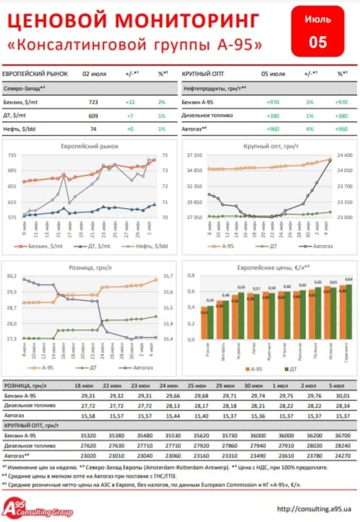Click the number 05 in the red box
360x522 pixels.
317,42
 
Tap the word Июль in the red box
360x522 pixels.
317,20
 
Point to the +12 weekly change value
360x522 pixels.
130,102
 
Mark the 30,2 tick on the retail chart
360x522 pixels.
11,276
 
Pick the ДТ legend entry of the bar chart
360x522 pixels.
290,369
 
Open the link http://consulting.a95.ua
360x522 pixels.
314,509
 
